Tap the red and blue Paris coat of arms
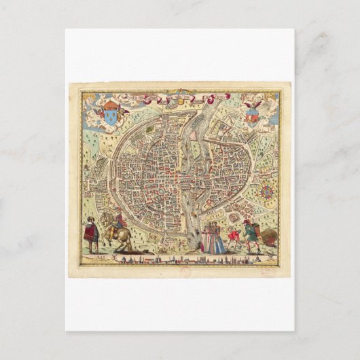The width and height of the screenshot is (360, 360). pos(253,114)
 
